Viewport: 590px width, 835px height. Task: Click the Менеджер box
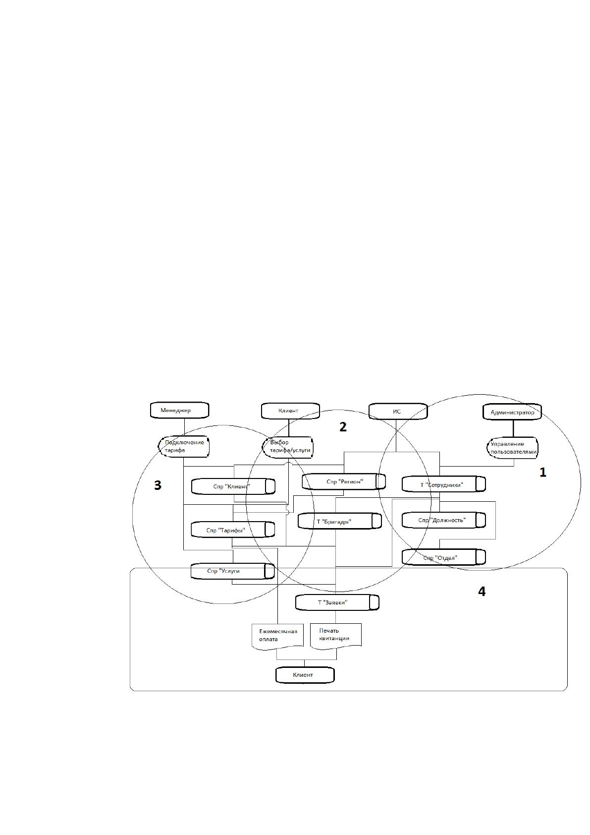point(179,410)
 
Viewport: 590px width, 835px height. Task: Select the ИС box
point(398,411)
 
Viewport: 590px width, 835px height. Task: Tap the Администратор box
point(512,412)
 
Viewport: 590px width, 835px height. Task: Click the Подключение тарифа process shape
point(184,447)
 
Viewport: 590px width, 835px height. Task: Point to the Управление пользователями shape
point(513,448)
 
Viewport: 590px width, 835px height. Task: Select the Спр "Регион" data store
point(344,481)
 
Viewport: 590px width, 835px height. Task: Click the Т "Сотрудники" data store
point(444,484)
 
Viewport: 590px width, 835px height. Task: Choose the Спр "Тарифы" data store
point(233,530)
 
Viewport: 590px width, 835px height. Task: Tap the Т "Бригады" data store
point(340,521)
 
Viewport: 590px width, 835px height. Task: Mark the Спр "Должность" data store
point(444,520)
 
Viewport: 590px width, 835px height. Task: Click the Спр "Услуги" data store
point(233,571)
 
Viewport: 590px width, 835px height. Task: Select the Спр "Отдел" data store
point(444,557)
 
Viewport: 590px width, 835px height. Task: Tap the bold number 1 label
point(543,473)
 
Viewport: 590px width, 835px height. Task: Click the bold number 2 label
point(343,427)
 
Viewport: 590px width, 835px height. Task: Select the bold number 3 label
point(158,485)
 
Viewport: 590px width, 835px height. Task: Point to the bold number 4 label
point(482,592)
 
